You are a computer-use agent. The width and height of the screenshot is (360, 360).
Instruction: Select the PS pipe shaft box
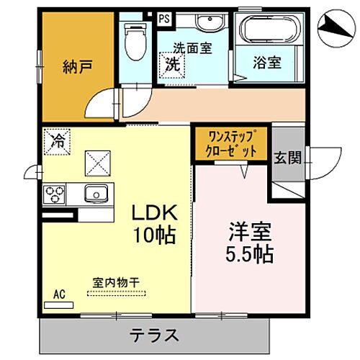pyautogui.click(x=163, y=19)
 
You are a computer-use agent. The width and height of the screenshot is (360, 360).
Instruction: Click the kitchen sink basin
pyautogui.click(x=94, y=193)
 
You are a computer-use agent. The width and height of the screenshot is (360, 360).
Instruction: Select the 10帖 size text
pyautogui.click(x=153, y=235)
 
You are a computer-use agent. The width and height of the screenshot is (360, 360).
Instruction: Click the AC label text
pyautogui.click(x=57, y=294)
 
